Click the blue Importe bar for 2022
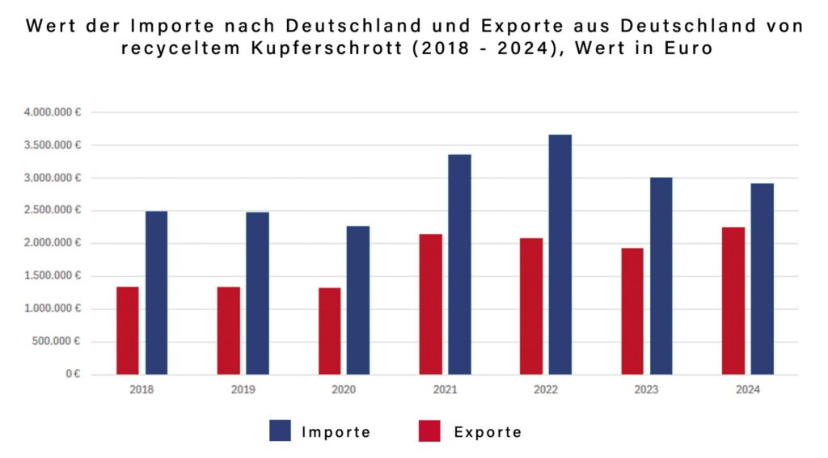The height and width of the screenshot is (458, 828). [560, 254]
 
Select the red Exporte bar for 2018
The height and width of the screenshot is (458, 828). [127, 330]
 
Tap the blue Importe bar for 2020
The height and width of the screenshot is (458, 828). [357, 300]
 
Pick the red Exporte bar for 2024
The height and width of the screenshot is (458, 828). [733, 300]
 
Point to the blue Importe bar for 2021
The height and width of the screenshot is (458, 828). [459, 264]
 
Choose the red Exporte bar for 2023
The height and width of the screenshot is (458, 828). [632, 311]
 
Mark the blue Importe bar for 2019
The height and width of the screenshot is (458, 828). [257, 293]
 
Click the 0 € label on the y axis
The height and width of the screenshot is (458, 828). [73, 375]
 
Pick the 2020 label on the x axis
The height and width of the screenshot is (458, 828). [344, 389]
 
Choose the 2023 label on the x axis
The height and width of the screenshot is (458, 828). [647, 389]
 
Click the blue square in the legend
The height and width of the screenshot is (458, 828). [280, 431]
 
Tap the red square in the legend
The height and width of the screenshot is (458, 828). [429, 431]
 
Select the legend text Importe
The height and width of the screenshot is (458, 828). [336, 432]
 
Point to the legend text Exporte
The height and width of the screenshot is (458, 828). [488, 432]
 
